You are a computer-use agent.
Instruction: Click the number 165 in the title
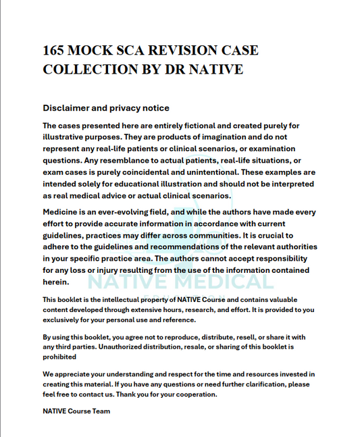(55, 51)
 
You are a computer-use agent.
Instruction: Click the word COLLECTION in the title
(84, 69)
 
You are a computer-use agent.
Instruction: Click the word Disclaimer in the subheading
(68, 108)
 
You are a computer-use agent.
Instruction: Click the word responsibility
(279, 259)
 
